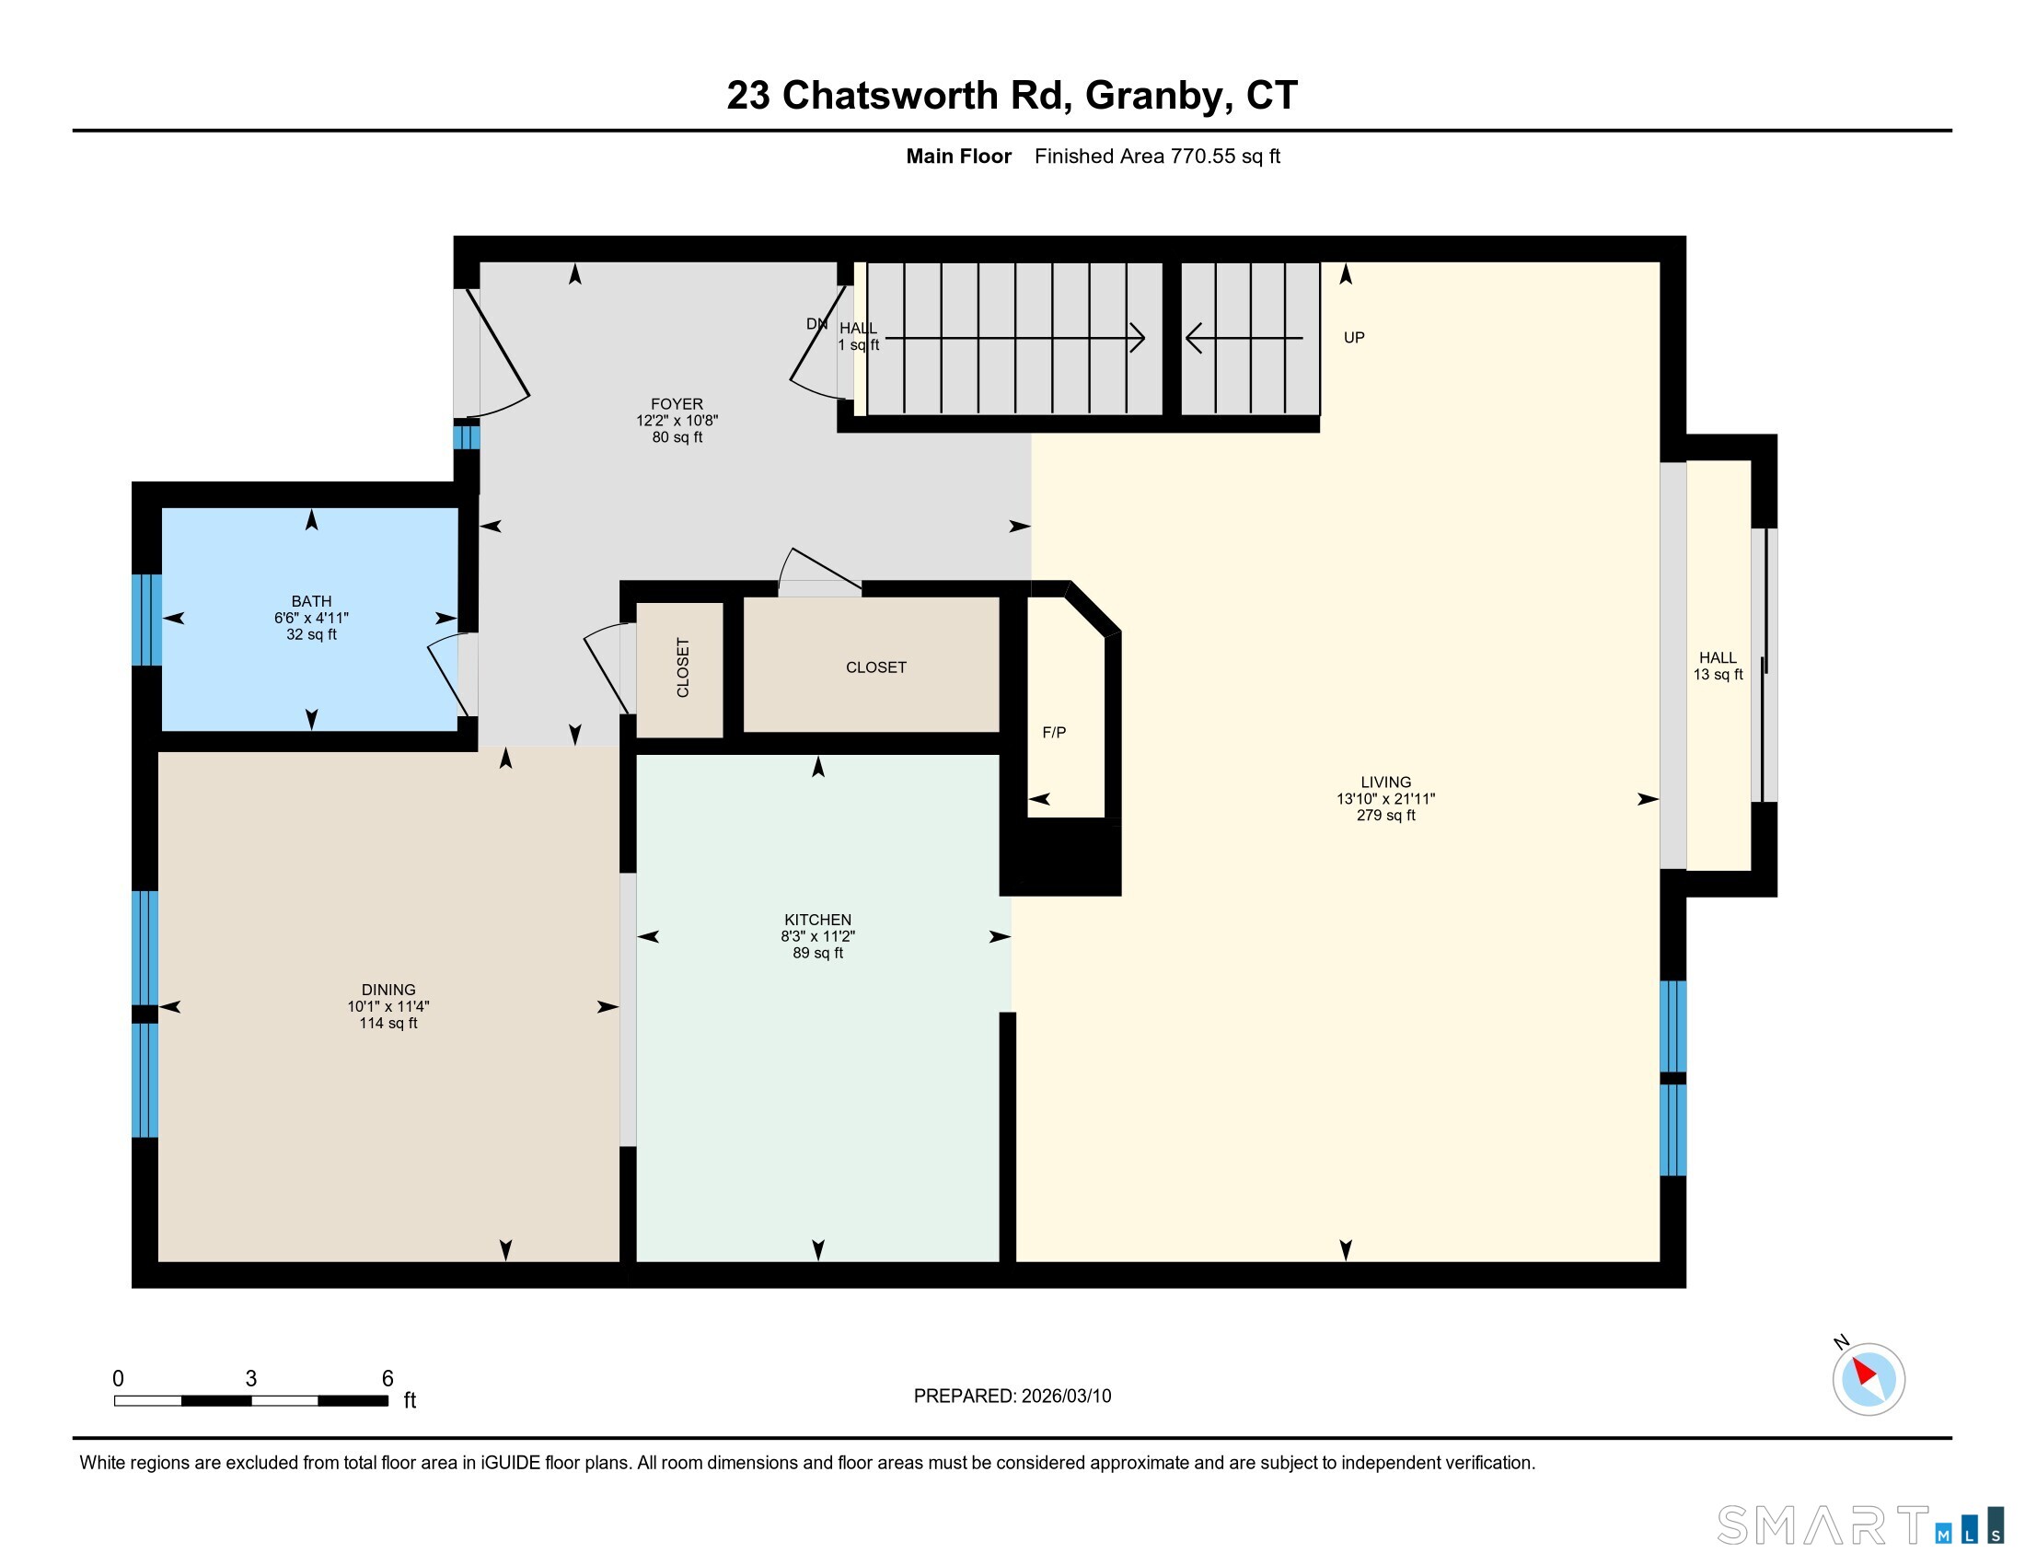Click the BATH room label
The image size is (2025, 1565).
point(310,601)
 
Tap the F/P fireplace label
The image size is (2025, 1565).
point(1054,733)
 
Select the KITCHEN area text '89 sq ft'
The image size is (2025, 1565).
point(817,953)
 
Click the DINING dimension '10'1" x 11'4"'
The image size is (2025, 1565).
point(388,1006)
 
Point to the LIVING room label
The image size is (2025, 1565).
point(1385,782)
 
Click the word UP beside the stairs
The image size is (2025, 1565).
point(1354,338)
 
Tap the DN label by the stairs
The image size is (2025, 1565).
point(816,323)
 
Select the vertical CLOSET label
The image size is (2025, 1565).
point(683,667)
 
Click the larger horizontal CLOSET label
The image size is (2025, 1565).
point(875,667)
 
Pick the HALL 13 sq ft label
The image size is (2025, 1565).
point(1718,666)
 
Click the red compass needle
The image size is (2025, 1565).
point(1864,1372)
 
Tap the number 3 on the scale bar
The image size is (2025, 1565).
point(250,1379)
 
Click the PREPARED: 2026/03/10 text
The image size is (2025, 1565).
point(1012,1397)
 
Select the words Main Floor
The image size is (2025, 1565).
point(958,156)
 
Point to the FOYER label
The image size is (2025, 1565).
point(676,404)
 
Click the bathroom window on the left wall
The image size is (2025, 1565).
point(146,620)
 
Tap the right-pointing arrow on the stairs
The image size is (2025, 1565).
point(1136,338)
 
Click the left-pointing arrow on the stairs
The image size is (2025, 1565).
point(1195,338)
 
